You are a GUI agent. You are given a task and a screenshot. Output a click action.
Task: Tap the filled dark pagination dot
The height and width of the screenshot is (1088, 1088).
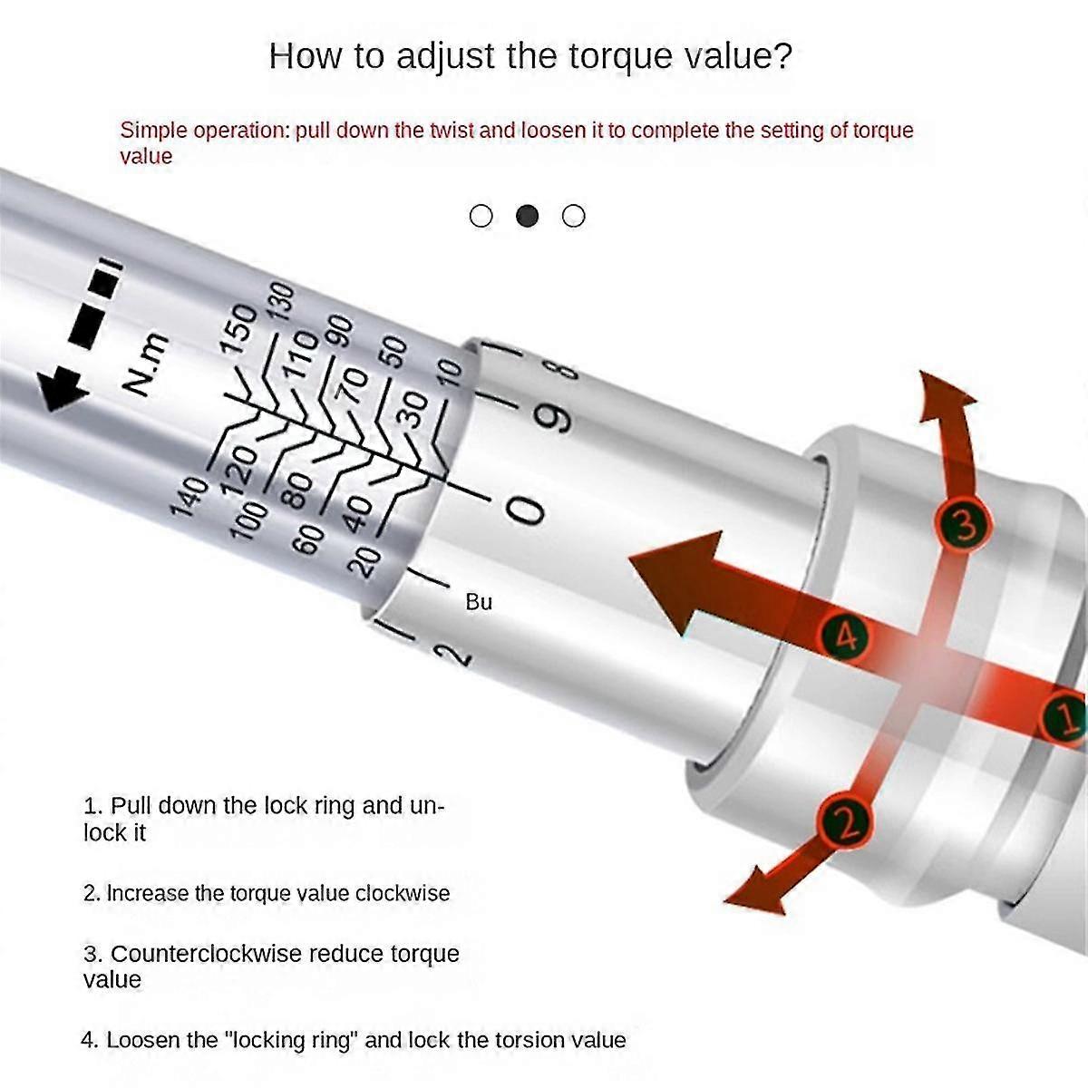pos(527,216)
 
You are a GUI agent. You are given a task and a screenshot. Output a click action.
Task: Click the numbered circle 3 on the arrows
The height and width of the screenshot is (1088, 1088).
pos(964,525)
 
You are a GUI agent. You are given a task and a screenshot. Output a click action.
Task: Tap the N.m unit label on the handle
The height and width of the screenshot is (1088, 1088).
pos(145,364)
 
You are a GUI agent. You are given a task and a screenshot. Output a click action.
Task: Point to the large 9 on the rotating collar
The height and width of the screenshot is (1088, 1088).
pos(556,416)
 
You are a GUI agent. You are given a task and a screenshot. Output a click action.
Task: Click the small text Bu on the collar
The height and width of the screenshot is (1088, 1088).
pos(478,602)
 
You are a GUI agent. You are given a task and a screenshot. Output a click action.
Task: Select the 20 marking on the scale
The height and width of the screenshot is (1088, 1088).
pos(364,563)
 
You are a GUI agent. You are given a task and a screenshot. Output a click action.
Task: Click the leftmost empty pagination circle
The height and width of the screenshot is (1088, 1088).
pos(481,216)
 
